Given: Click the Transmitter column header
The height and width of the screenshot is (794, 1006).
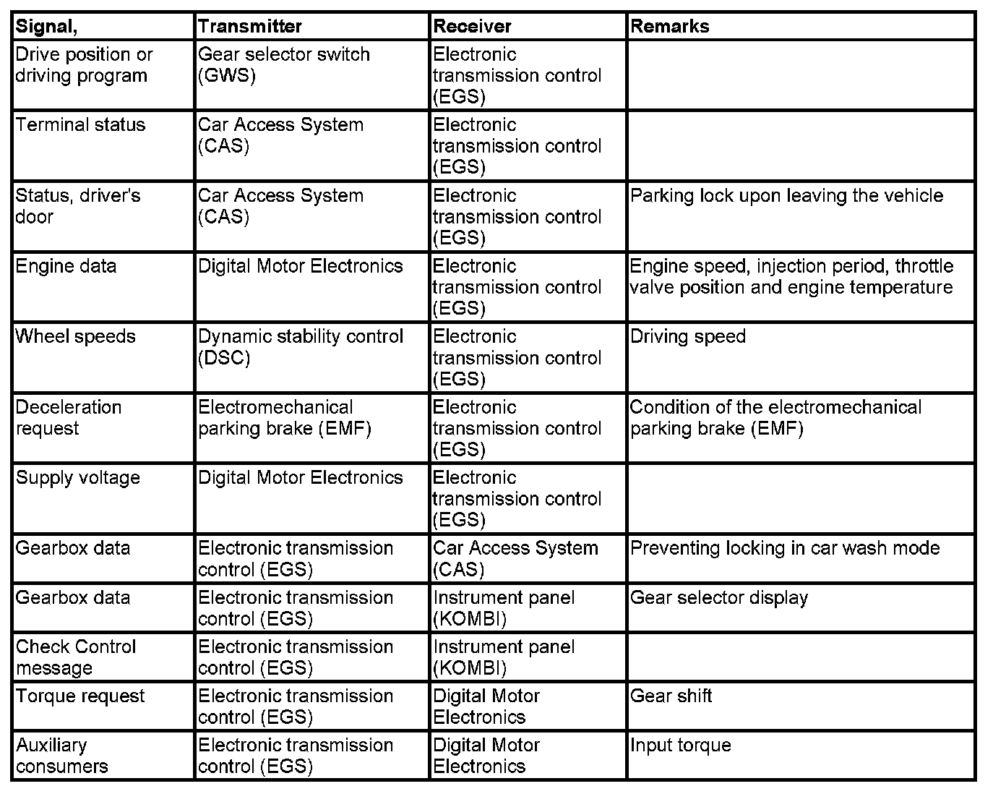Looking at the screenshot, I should [250, 27].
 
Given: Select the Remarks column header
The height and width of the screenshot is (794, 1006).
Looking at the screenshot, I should [670, 27].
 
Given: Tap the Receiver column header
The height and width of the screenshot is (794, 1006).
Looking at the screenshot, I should [472, 27].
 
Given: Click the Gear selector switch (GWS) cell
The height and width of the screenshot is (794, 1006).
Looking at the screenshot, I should [283, 65].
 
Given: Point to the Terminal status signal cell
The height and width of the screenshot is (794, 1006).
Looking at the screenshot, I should [80, 125].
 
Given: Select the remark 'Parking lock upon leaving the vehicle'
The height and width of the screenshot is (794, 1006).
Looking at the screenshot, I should [786, 196].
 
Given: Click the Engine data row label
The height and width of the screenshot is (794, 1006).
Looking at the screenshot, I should [66, 266].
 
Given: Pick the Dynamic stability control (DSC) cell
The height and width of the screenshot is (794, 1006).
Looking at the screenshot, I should [301, 347].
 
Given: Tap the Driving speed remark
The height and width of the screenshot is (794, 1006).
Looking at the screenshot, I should [688, 337].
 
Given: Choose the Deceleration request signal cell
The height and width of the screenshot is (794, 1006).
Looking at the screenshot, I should [68, 418].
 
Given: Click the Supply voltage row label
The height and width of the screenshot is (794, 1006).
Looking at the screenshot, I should [78, 478].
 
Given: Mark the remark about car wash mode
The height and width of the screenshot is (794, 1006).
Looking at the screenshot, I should [785, 548].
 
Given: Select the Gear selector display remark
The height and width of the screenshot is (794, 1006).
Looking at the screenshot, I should [719, 598].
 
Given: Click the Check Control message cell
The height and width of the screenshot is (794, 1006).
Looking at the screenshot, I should [75, 657].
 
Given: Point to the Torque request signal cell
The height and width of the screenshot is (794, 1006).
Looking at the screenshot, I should [80, 696].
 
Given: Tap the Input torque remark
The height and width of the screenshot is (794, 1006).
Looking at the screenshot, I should [681, 746].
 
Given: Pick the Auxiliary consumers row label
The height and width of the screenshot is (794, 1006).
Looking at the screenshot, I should [61, 756].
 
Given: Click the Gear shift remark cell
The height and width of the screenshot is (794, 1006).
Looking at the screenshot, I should [671, 696].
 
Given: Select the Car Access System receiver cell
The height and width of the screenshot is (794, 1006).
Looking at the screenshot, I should [515, 559].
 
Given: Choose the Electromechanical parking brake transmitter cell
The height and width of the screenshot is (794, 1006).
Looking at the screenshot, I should [285, 418].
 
